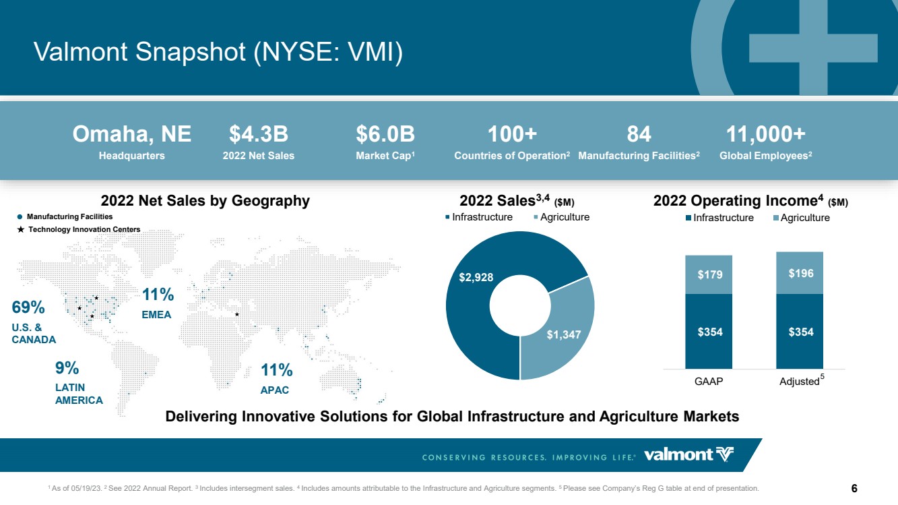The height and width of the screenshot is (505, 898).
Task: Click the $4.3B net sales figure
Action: [x=259, y=134]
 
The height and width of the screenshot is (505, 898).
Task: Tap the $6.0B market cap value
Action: [x=385, y=134]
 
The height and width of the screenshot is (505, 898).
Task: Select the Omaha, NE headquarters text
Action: [x=131, y=134]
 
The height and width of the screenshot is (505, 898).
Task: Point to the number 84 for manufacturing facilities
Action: [x=639, y=134]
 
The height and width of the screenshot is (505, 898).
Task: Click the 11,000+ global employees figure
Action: [x=766, y=134]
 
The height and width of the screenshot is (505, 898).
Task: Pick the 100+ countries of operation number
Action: [x=512, y=134]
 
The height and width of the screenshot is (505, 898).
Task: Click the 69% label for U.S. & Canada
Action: [x=28, y=307]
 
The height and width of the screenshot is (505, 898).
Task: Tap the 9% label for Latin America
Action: [x=67, y=368]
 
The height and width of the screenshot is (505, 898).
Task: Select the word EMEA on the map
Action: [x=156, y=315]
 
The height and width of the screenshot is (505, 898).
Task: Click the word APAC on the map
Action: [x=275, y=390]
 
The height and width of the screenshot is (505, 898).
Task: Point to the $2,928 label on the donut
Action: [x=476, y=277]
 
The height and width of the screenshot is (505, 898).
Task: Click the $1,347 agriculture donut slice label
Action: [x=564, y=334]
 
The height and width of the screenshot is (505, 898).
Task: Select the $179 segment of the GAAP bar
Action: [x=709, y=275]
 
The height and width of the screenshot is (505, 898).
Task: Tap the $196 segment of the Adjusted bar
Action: [x=800, y=273]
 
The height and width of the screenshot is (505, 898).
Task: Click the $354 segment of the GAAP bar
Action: [x=709, y=331]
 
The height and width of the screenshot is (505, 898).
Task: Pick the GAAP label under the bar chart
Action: [x=709, y=381]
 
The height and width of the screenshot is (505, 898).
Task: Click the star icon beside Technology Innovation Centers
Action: [x=21, y=229]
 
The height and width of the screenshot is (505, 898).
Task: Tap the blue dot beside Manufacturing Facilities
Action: [x=20, y=217]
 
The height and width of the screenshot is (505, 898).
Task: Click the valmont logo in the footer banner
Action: [x=688, y=455]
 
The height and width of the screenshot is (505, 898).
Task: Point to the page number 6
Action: [x=854, y=488]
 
